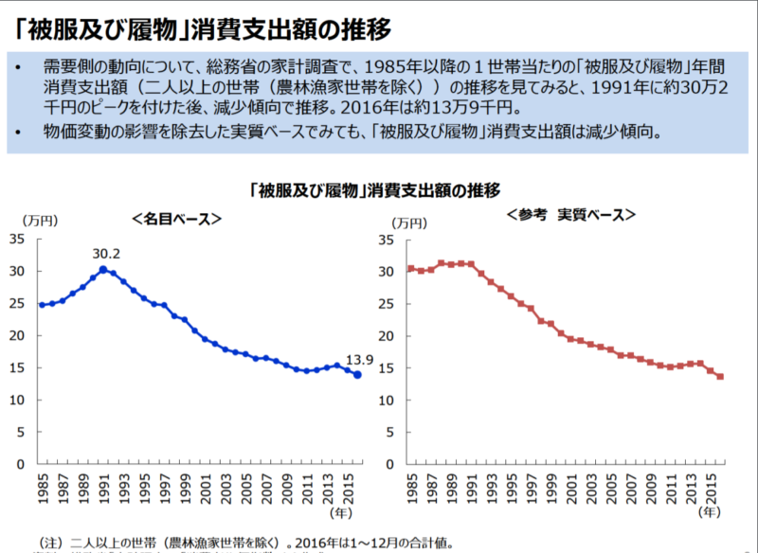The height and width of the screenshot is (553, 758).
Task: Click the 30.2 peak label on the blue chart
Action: [106, 255]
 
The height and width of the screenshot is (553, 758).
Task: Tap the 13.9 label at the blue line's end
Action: [361, 360]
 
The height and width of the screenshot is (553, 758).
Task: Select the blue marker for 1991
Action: [102, 269]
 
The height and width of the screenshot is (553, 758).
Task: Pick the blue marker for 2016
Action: [357, 375]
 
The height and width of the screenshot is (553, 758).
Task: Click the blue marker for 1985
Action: [42, 305]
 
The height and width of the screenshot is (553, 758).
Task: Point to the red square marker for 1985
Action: [409, 268]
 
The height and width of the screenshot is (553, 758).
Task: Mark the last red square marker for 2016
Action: [720, 377]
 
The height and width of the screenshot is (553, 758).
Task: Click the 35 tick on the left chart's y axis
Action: [19, 239]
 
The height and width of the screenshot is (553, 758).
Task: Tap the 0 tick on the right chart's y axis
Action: [388, 464]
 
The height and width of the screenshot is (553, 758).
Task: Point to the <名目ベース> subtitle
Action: [177, 218]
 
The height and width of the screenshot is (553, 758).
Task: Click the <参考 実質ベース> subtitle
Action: [570, 215]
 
